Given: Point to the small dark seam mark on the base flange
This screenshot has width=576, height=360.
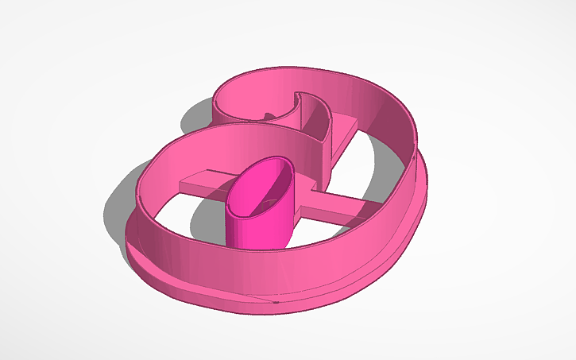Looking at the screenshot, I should pyautogui.click(x=275, y=302).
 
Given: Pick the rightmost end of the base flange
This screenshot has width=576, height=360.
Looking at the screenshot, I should pyautogui.click(x=430, y=191).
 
